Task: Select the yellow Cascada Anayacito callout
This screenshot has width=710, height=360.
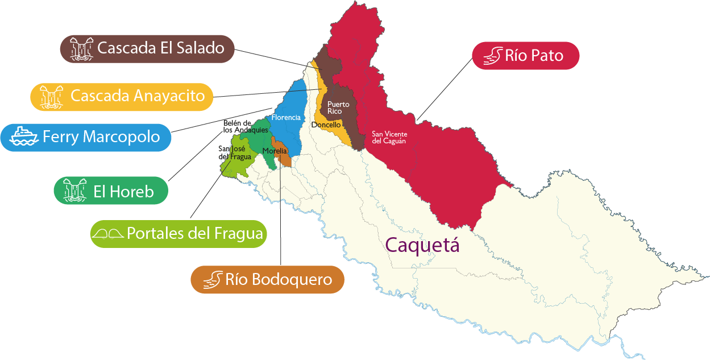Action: click(x=121, y=96)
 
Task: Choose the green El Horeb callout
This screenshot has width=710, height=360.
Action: click(x=111, y=191)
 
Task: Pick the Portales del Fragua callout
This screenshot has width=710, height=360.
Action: click(x=178, y=234)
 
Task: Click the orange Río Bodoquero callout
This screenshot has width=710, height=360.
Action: click(x=267, y=279)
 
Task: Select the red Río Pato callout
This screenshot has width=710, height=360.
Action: click(x=526, y=56)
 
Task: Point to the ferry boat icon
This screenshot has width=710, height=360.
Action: click(x=24, y=137)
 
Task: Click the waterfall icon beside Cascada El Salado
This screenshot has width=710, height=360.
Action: click(x=81, y=48)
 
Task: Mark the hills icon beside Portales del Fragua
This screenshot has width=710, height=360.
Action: click(x=108, y=234)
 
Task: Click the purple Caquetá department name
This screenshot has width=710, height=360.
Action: click(x=421, y=245)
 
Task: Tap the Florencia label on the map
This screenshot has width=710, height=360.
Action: click(x=285, y=118)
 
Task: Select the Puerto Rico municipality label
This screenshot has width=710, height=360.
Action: click(x=338, y=107)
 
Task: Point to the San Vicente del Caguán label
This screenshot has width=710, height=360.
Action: click(x=389, y=138)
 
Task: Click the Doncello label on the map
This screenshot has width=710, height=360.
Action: click(x=326, y=125)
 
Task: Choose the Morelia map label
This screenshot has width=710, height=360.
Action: click(x=274, y=151)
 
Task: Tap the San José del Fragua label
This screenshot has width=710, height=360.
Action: click(x=234, y=152)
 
